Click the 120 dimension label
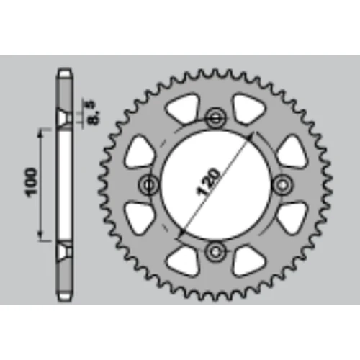208,182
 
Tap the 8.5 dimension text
93,113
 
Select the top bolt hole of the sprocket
216,117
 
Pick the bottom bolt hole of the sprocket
216,251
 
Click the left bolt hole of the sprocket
149,184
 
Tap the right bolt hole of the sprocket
283,184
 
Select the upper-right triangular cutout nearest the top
248,109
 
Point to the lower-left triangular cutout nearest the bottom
184,261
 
